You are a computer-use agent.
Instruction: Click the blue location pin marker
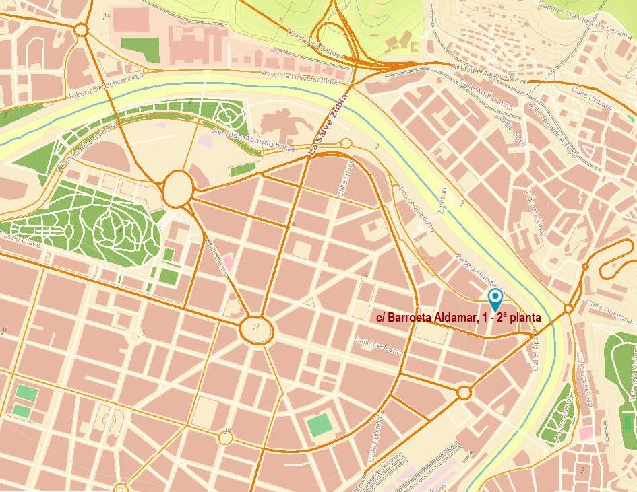click(x=495, y=299)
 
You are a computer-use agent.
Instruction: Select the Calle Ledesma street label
click(x=378, y=347)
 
